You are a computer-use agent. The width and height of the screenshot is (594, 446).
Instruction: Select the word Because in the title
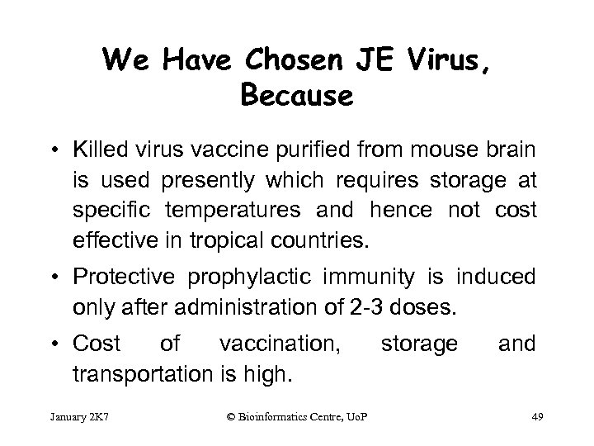tap(297, 96)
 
